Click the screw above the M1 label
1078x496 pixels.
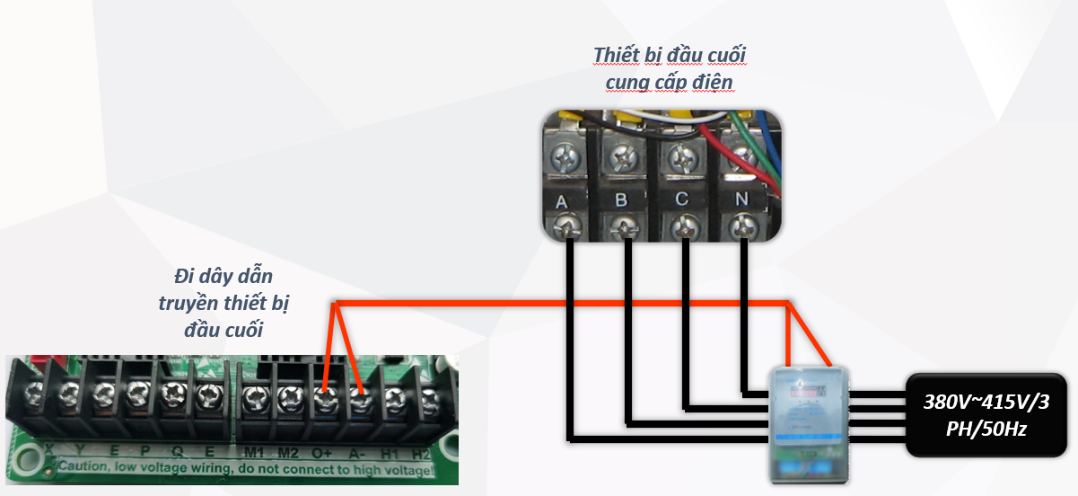click(254, 395)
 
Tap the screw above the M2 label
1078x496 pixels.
click(288, 395)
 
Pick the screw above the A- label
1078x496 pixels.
click(359, 395)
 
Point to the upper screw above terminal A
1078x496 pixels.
click(564, 160)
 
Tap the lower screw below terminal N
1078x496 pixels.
click(741, 226)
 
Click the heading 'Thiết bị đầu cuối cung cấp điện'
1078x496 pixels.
click(669, 68)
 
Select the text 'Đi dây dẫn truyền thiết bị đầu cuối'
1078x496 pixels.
click(223, 302)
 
